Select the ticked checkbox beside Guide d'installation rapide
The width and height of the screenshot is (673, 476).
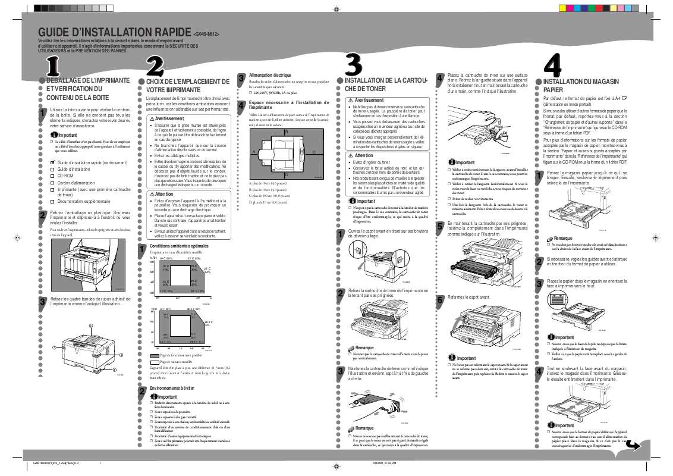coord(52,162)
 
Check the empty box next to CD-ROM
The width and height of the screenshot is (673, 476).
coord(52,177)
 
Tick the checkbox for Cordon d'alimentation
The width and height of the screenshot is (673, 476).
coord(52,183)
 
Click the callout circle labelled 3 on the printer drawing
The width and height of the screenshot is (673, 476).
coord(121,355)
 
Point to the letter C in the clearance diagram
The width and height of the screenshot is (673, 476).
coord(313,153)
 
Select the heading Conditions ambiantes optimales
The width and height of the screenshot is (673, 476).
coord(179,246)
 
